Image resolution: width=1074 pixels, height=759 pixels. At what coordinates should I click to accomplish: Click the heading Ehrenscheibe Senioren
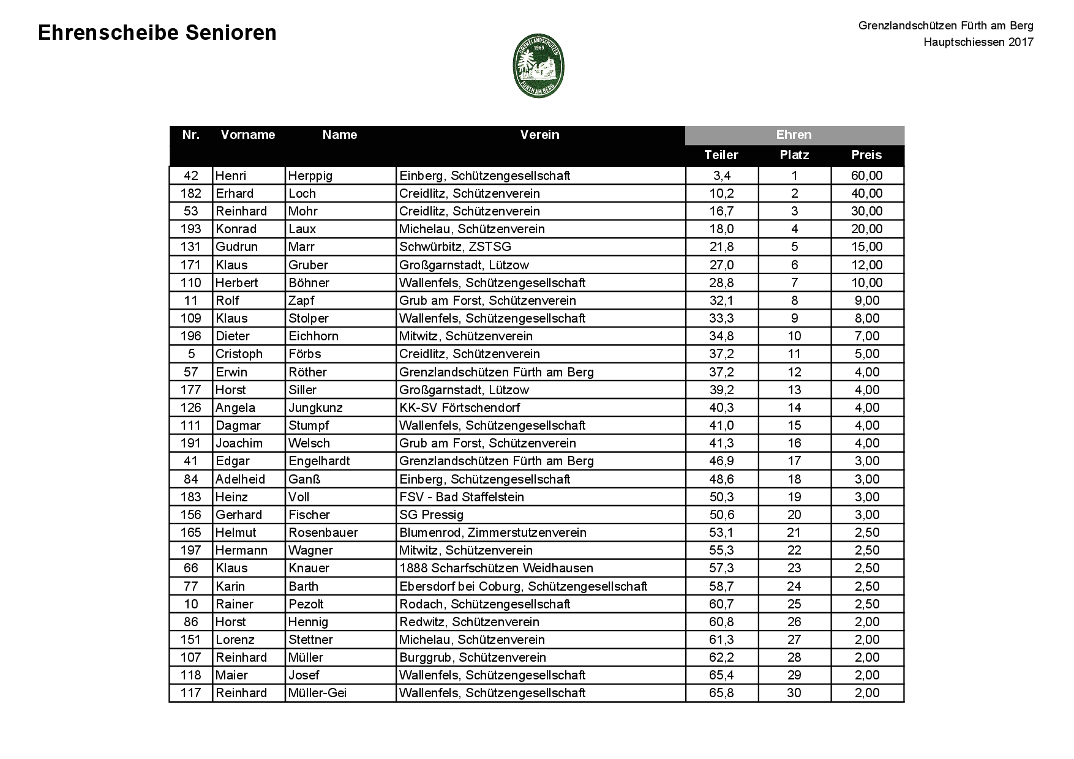tap(157, 33)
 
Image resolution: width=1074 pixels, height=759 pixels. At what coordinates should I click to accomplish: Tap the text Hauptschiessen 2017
tap(978, 42)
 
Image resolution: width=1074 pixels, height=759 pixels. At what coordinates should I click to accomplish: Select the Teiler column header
tap(721, 155)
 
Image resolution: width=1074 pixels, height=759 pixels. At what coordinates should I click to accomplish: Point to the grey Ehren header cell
tap(794, 135)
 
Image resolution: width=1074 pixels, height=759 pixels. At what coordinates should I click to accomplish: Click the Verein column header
tap(539, 135)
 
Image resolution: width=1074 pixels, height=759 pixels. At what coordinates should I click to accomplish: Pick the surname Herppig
tap(310, 176)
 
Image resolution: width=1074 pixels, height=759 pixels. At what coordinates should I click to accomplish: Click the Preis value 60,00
tap(866, 176)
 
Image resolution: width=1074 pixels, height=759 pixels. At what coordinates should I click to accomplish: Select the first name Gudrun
tap(236, 247)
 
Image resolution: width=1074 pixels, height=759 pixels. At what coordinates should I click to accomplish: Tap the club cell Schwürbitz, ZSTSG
tap(455, 247)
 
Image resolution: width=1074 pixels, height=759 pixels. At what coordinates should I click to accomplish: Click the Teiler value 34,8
tap(722, 336)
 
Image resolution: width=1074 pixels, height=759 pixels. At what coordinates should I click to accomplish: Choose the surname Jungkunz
tap(315, 408)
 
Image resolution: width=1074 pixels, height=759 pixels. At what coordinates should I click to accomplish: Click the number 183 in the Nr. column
tap(191, 497)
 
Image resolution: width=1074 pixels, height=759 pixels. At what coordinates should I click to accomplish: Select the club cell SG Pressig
tap(431, 515)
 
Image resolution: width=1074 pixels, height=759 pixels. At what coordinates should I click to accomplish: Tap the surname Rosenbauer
tap(323, 533)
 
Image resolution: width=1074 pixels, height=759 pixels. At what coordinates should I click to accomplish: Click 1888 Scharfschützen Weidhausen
tap(496, 568)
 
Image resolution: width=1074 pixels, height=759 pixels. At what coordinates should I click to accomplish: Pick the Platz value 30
tap(794, 693)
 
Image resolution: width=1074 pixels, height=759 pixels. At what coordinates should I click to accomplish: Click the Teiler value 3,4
tap(722, 176)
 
